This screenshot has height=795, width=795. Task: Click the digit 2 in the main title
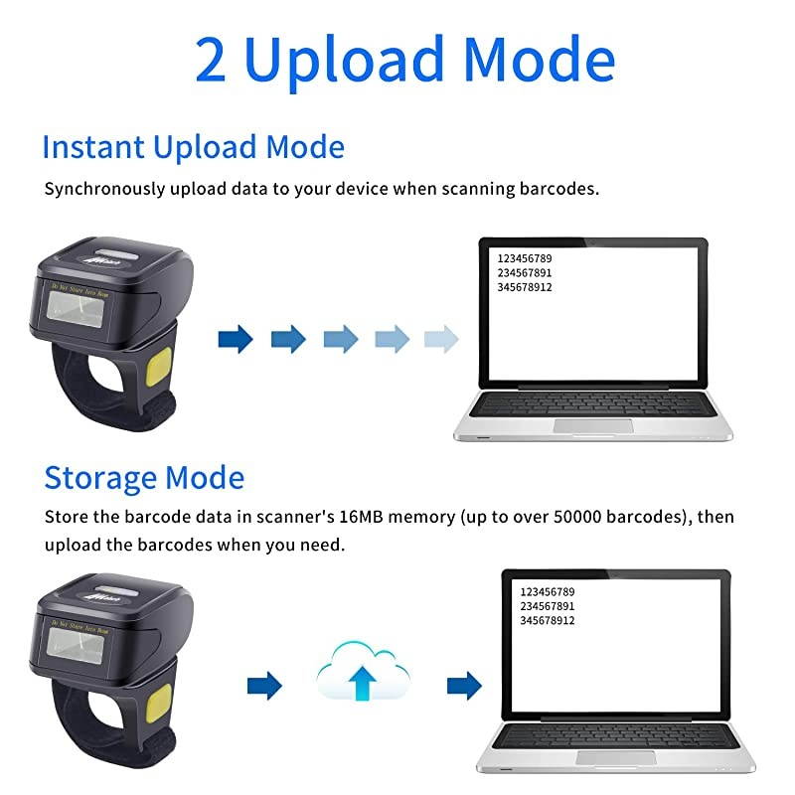(x=213, y=60)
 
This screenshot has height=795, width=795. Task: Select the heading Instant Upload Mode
(x=193, y=147)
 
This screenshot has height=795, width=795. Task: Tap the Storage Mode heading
(x=144, y=477)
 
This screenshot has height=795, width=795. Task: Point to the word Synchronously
(x=100, y=189)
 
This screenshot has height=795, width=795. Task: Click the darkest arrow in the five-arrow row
(x=236, y=340)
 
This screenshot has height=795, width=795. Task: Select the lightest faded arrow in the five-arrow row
(x=441, y=340)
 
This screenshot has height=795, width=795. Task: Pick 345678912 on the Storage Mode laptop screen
(x=548, y=620)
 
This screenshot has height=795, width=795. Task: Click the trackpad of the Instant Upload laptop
(x=592, y=425)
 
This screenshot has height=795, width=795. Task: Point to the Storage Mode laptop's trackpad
(x=615, y=758)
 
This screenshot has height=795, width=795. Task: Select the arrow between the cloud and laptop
(x=464, y=685)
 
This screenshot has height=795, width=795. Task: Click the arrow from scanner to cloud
(x=264, y=685)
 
